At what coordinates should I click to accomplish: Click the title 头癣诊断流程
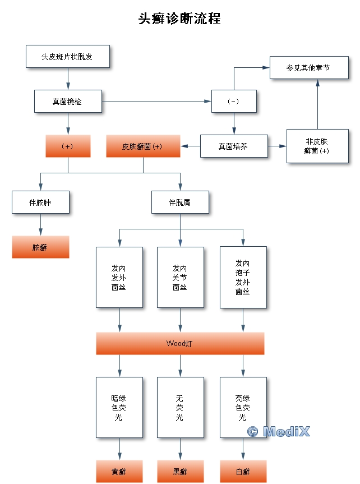(179, 19)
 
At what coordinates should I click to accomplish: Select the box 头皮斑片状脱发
(67, 56)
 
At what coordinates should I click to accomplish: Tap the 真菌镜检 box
(68, 102)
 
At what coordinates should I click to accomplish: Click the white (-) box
(234, 102)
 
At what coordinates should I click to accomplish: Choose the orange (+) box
(68, 146)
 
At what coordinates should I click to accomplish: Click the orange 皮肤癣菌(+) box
(143, 146)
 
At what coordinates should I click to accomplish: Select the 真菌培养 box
(234, 146)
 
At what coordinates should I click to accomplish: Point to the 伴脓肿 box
(40, 202)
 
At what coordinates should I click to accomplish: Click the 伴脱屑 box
(180, 202)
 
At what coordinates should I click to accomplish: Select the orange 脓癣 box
(40, 247)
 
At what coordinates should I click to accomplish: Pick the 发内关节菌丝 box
(180, 277)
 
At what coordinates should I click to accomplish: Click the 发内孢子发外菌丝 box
(243, 277)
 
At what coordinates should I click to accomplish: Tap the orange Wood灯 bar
(180, 343)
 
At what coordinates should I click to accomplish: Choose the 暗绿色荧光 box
(119, 407)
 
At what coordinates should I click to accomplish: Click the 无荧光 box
(180, 407)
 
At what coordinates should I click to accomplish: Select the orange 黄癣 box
(119, 472)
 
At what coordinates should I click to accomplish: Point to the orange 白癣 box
(243, 472)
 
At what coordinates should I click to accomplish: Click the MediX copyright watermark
(279, 431)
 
